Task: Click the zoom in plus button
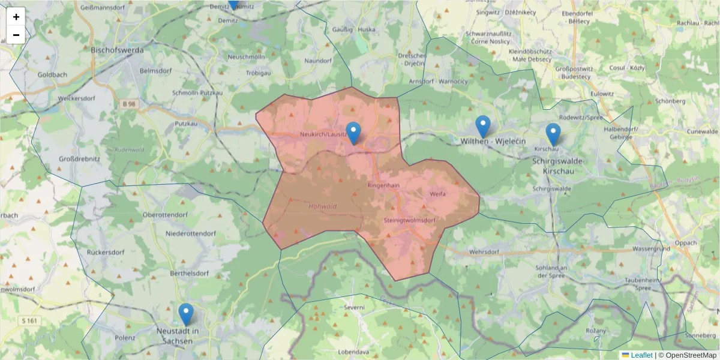16,17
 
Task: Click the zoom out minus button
16,35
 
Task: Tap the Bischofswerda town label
117,50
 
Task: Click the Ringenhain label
383,185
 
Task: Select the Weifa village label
437,194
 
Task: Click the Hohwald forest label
322,206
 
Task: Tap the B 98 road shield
129,104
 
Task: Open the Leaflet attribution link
641,355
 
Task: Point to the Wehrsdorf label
485,252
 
